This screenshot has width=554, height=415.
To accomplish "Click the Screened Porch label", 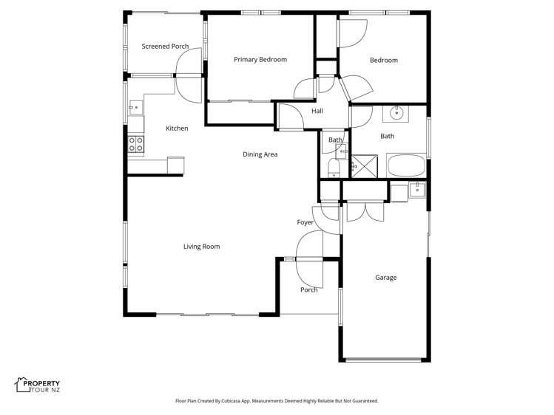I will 165,47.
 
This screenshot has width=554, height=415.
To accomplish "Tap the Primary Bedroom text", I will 260,60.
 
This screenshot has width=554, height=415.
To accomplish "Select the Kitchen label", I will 177,128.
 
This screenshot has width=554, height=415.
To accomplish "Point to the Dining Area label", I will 260,154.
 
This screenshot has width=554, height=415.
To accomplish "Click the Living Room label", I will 201,247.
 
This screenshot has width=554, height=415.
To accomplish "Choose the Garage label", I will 385,278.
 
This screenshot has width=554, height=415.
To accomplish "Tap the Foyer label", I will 305,222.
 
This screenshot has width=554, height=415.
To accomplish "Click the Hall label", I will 317,112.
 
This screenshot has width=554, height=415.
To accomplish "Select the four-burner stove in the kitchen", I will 135,144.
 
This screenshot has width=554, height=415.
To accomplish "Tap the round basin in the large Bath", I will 397,113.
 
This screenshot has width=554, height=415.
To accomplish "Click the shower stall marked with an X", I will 363,166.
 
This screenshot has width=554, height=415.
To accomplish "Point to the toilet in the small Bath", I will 333,168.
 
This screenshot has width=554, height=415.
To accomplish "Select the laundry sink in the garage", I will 417,189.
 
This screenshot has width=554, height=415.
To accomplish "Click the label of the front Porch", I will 308,290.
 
